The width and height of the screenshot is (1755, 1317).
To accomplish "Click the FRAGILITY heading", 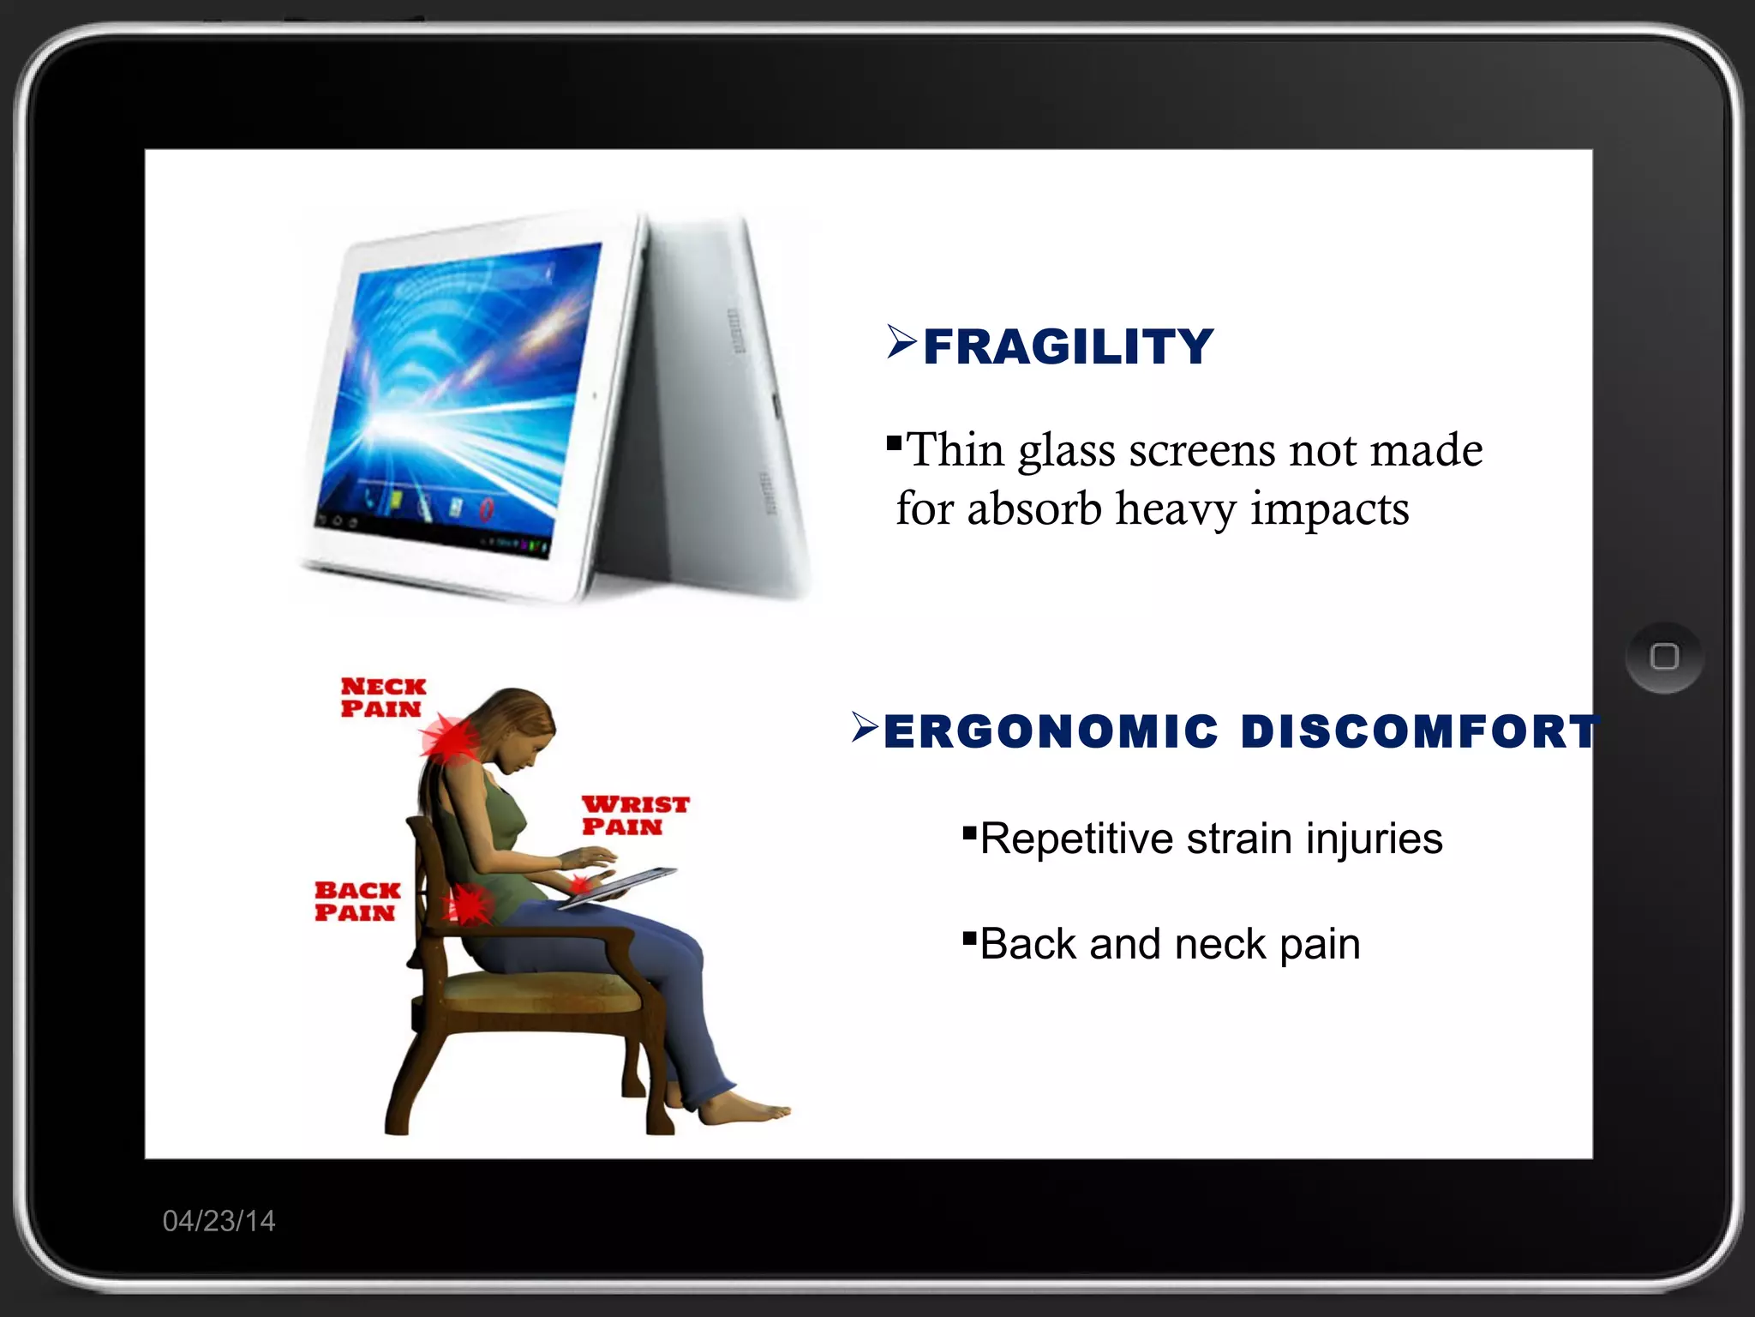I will point(1068,346).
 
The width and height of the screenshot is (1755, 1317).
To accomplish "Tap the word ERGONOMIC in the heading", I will point(1051,731).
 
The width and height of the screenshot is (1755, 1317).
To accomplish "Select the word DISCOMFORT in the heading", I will point(1419,731).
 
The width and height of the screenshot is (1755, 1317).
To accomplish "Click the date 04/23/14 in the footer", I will point(219,1220).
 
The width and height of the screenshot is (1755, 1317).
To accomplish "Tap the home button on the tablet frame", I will point(1663,657).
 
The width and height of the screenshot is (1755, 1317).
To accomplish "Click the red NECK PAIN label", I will point(382,697).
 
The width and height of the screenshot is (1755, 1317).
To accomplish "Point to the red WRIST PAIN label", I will point(635,815).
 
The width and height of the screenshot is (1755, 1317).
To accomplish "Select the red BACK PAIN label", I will point(356,901).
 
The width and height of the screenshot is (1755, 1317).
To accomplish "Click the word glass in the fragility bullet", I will point(1066,451).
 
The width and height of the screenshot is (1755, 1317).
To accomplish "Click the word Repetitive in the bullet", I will point(1075,839).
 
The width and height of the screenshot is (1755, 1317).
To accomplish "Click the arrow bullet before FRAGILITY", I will point(901,342).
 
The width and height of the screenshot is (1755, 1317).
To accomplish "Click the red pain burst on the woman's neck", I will point(450,738).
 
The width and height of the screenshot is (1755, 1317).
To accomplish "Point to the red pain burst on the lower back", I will point(467,904).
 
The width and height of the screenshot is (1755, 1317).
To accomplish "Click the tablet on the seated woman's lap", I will point(619,885).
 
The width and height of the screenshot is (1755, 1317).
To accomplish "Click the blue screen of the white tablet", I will point(463,394).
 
